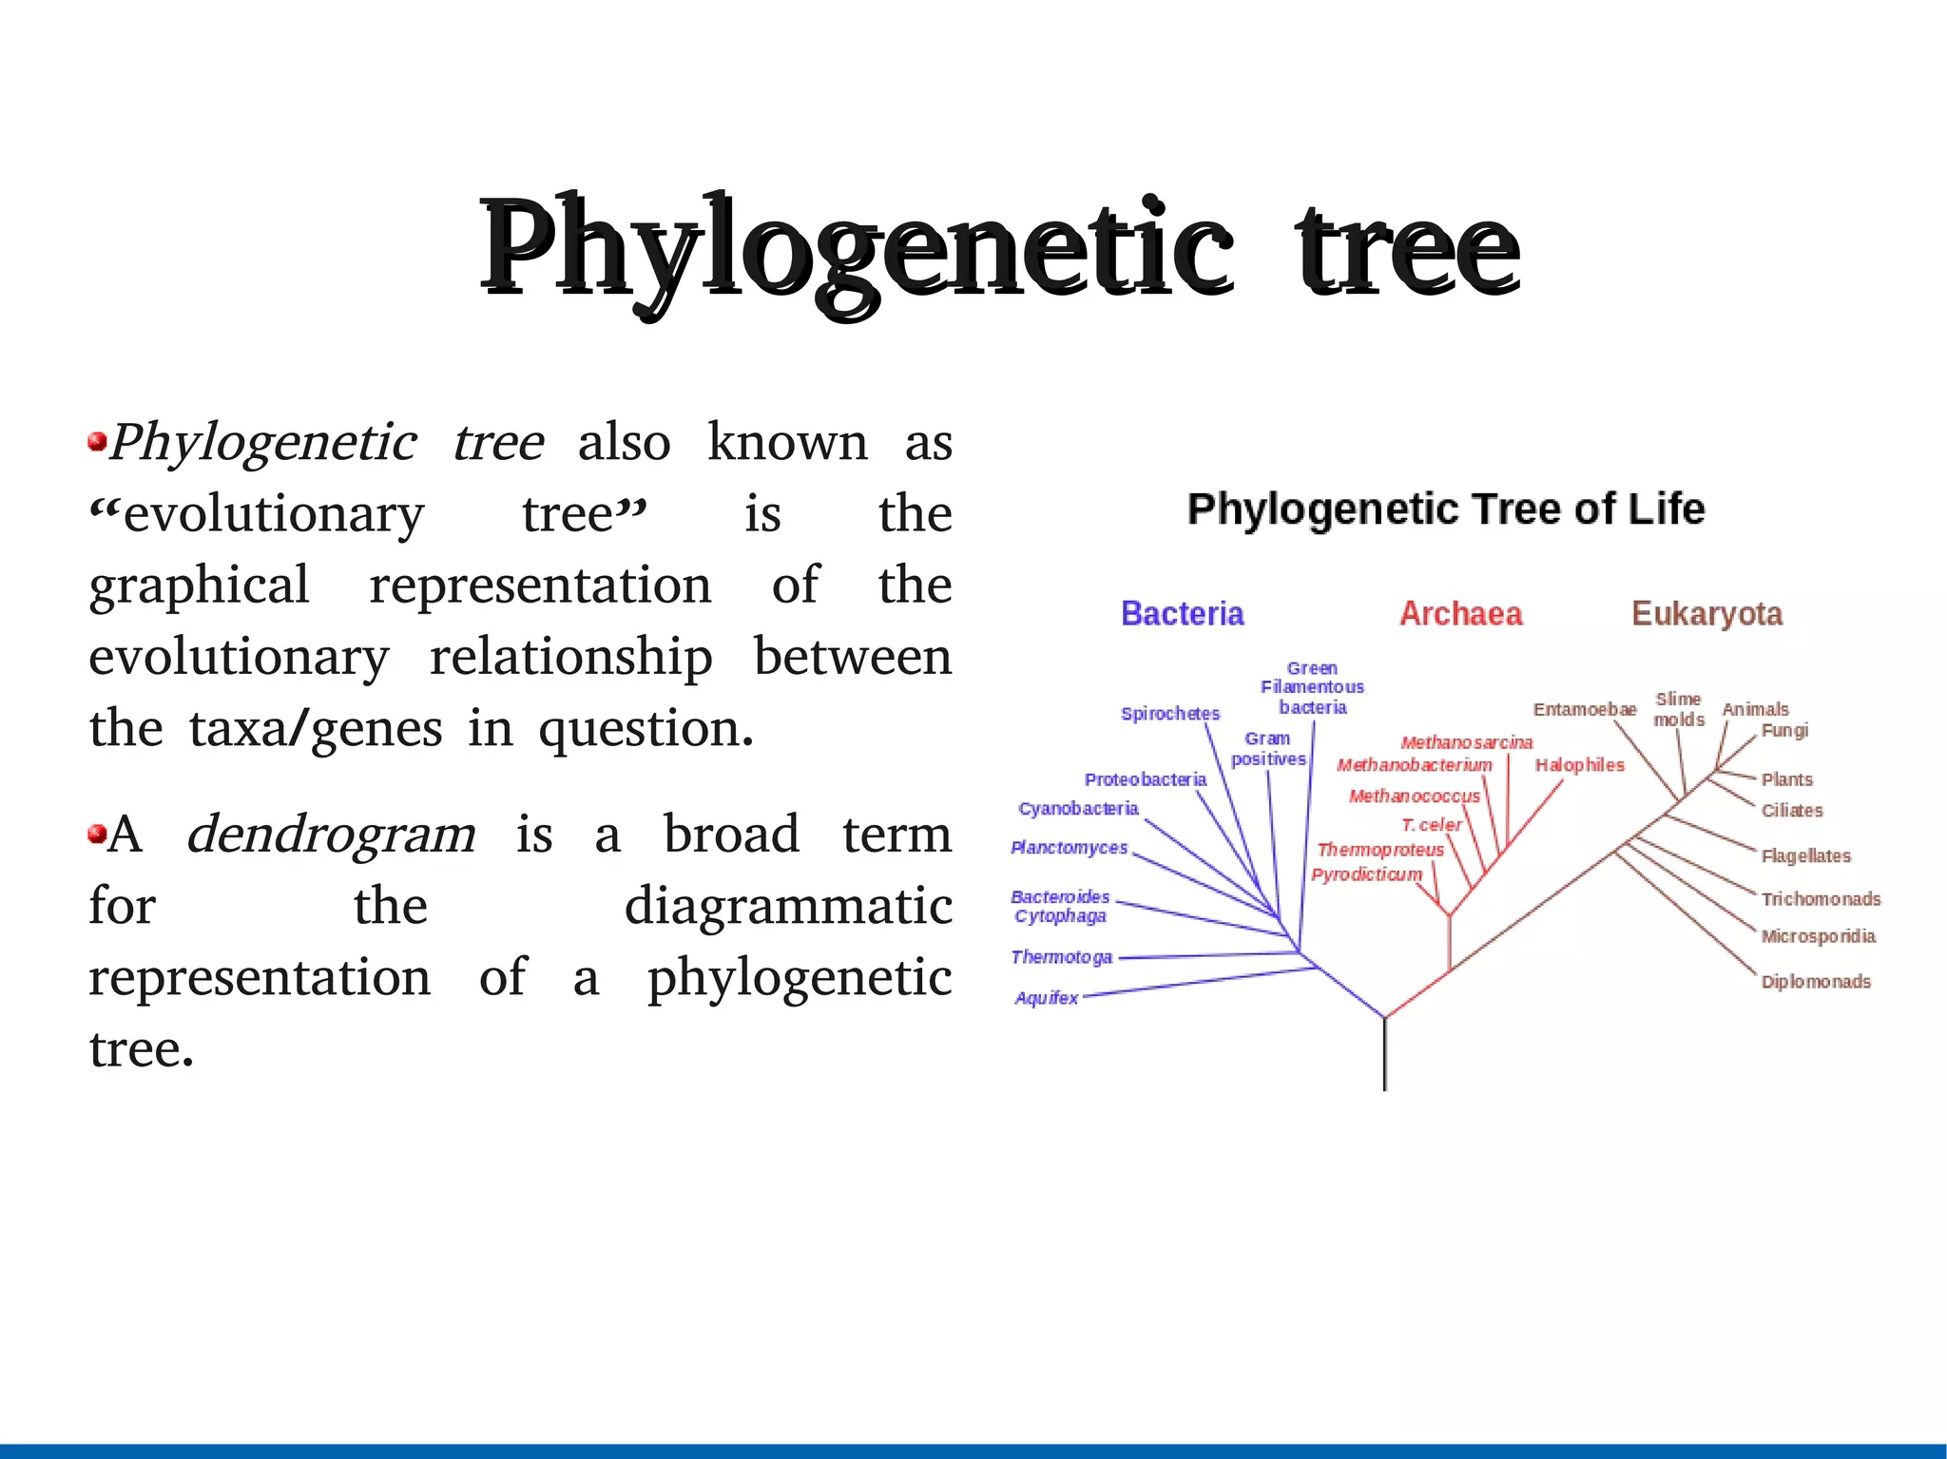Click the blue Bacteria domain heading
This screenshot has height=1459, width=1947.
coord(1182,614)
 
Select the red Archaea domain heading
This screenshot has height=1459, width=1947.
coord(1460,614)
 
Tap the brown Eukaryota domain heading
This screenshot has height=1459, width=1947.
coord(1706,614)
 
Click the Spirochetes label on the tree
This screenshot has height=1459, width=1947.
coord(1169,714)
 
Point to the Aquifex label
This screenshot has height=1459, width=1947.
coord(1046,998)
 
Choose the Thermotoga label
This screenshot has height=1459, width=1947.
coord(1061,957)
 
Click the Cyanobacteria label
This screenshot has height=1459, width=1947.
coord(1078,809)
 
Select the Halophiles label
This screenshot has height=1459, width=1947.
coord(1579,765)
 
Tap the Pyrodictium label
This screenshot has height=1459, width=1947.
coord(1366,874)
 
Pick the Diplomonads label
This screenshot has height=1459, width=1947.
coord(1816,982)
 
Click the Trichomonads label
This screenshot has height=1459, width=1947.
coord(1821,899)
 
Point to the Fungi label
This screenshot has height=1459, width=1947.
coord(1784,731)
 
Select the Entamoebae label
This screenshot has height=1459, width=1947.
coord(1585,710)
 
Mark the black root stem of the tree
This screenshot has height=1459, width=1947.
coord(1384,1055)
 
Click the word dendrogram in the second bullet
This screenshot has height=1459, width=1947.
coord(331,835)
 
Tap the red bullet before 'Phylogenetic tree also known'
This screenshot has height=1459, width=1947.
coord(96,442)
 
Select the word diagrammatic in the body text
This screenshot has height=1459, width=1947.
coord(788,906)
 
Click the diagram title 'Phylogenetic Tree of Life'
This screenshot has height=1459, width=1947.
coord(1445,509)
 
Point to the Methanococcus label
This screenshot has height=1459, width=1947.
coord(1414,797)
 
